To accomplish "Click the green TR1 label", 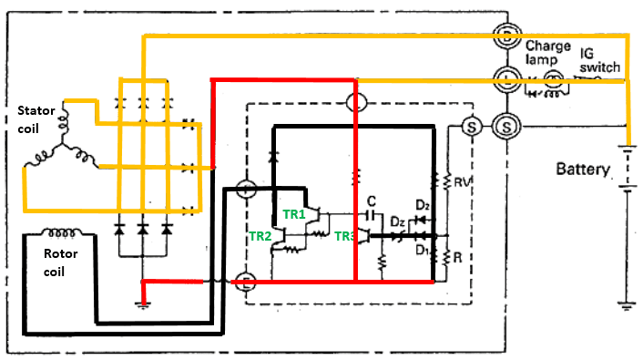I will coord(294,214).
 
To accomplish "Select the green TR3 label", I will coord(345,236).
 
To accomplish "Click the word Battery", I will coord(587,170).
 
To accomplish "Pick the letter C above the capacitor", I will coord(372,201).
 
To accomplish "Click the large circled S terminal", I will coord(505,125).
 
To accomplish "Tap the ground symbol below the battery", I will coord(625,300).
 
